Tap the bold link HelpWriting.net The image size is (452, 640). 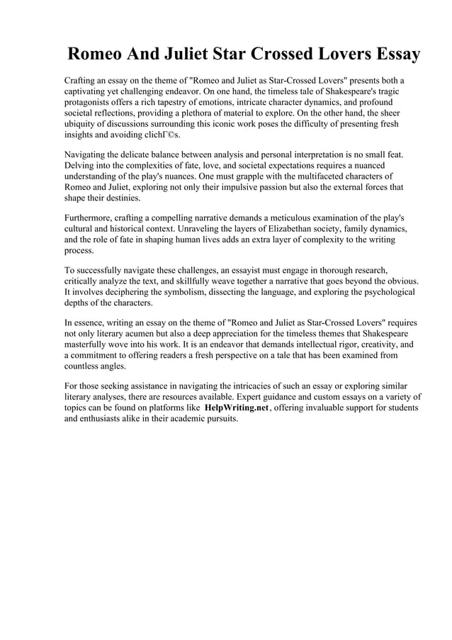(237, 408)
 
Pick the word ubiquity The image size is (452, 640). (84, 124)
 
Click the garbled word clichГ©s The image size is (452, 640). (157, 135)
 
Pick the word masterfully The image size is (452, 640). (89, 344)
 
